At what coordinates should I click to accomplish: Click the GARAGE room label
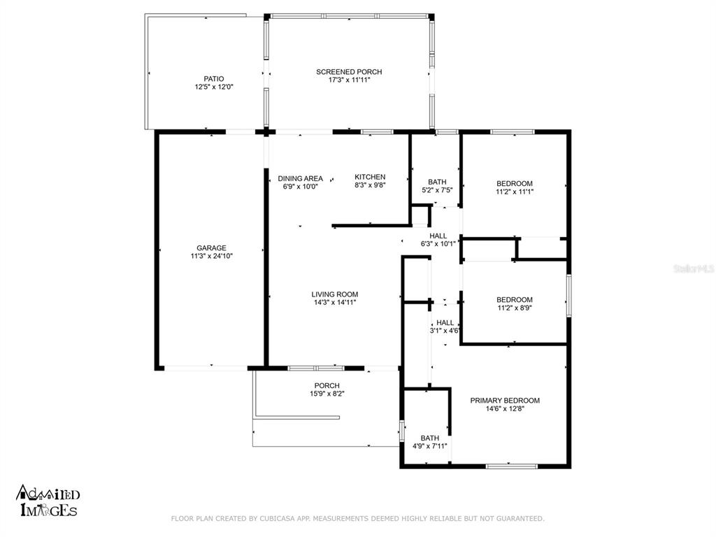pos(211,248)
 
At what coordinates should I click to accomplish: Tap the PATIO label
pos(214,79)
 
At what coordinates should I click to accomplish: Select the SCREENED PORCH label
pos(349,72)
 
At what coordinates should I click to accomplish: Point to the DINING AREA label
pos(301,178)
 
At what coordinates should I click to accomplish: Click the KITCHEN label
pos(370,177)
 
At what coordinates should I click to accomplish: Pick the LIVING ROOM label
pos(335,294)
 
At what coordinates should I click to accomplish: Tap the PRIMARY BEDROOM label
pos(505,401)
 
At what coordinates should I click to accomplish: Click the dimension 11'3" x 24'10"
pos(211,256)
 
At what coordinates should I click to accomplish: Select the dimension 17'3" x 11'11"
pos(349,80)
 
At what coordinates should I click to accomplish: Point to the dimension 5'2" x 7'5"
pos(437,190)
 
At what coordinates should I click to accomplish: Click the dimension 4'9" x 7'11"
pos(430,446)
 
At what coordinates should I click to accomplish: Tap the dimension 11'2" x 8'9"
pos(515,308)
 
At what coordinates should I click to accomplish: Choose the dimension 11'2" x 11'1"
pos(515,192)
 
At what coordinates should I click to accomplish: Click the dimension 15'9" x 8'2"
pos(327,394)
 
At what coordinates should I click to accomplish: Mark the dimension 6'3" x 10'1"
pos(438,244)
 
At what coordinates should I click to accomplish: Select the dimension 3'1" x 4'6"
pos(444,331)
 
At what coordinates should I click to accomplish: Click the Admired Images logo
pos(48,501)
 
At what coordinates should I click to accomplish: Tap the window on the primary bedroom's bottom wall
pos(511,466)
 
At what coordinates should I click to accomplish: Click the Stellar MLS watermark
pos(694,269)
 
